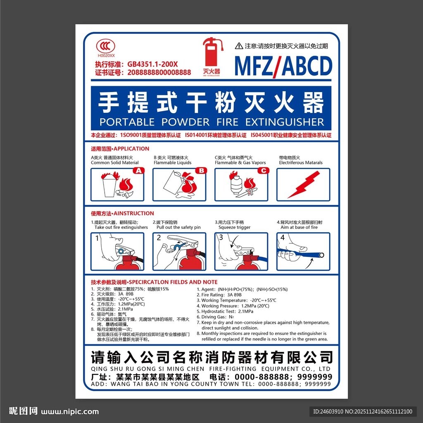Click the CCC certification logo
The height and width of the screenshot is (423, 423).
pyautogui.click(x=106, y=46)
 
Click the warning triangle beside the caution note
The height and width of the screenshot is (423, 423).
pyautogui.click(x=239, y=46)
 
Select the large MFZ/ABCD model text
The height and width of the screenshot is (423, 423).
pyautogui.click(x=283, y=65)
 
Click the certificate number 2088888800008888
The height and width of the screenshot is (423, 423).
pyautogui.click(x=159, y=72)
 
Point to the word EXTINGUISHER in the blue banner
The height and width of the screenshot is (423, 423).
pyautogui.click(x=285, y=122)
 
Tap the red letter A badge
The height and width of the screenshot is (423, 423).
pyautogui.click(x=138, y=170)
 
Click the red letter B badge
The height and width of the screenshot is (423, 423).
pyautogui.click(x=201, y=170)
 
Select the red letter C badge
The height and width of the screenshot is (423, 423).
pyautogui.click(x=264, y=170)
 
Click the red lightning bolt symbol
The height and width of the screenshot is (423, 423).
pyautogui.click(x=303, y=184)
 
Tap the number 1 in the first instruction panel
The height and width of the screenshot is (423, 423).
pyautogui.click(x=97, y=238)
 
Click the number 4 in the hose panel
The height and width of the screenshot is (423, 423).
pyautogui.click(x=283, y=238)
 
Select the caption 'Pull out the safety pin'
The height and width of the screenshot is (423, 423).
pyautogui.click(x=178, y=228)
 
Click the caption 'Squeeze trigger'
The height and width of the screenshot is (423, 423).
pyautogui.click(x=234, y=228)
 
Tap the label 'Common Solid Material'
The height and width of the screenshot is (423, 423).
pyautogui.click(x=115, y=163)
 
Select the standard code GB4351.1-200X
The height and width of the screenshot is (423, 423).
pyautogui.click(x=152, y=64)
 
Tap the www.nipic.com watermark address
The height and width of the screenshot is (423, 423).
pyautogui.click(x=70, y=411)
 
